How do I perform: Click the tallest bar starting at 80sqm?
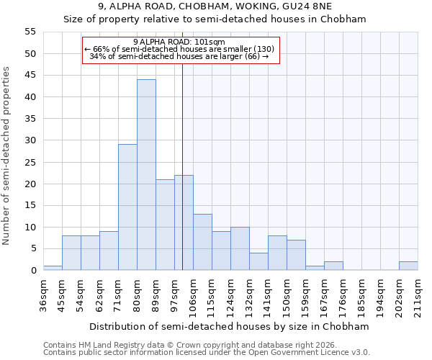146,175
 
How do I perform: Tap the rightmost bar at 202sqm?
408,266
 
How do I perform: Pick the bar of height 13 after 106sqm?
202,242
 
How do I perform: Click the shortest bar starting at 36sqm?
53,268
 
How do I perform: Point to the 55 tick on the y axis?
30,32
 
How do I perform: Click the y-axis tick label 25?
30,162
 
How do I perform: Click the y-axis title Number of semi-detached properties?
7,156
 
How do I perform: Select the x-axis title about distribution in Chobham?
229,326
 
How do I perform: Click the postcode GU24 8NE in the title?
334,6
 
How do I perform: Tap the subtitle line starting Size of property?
215,19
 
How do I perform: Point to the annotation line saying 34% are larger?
179,56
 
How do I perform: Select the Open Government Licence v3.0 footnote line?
207,352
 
